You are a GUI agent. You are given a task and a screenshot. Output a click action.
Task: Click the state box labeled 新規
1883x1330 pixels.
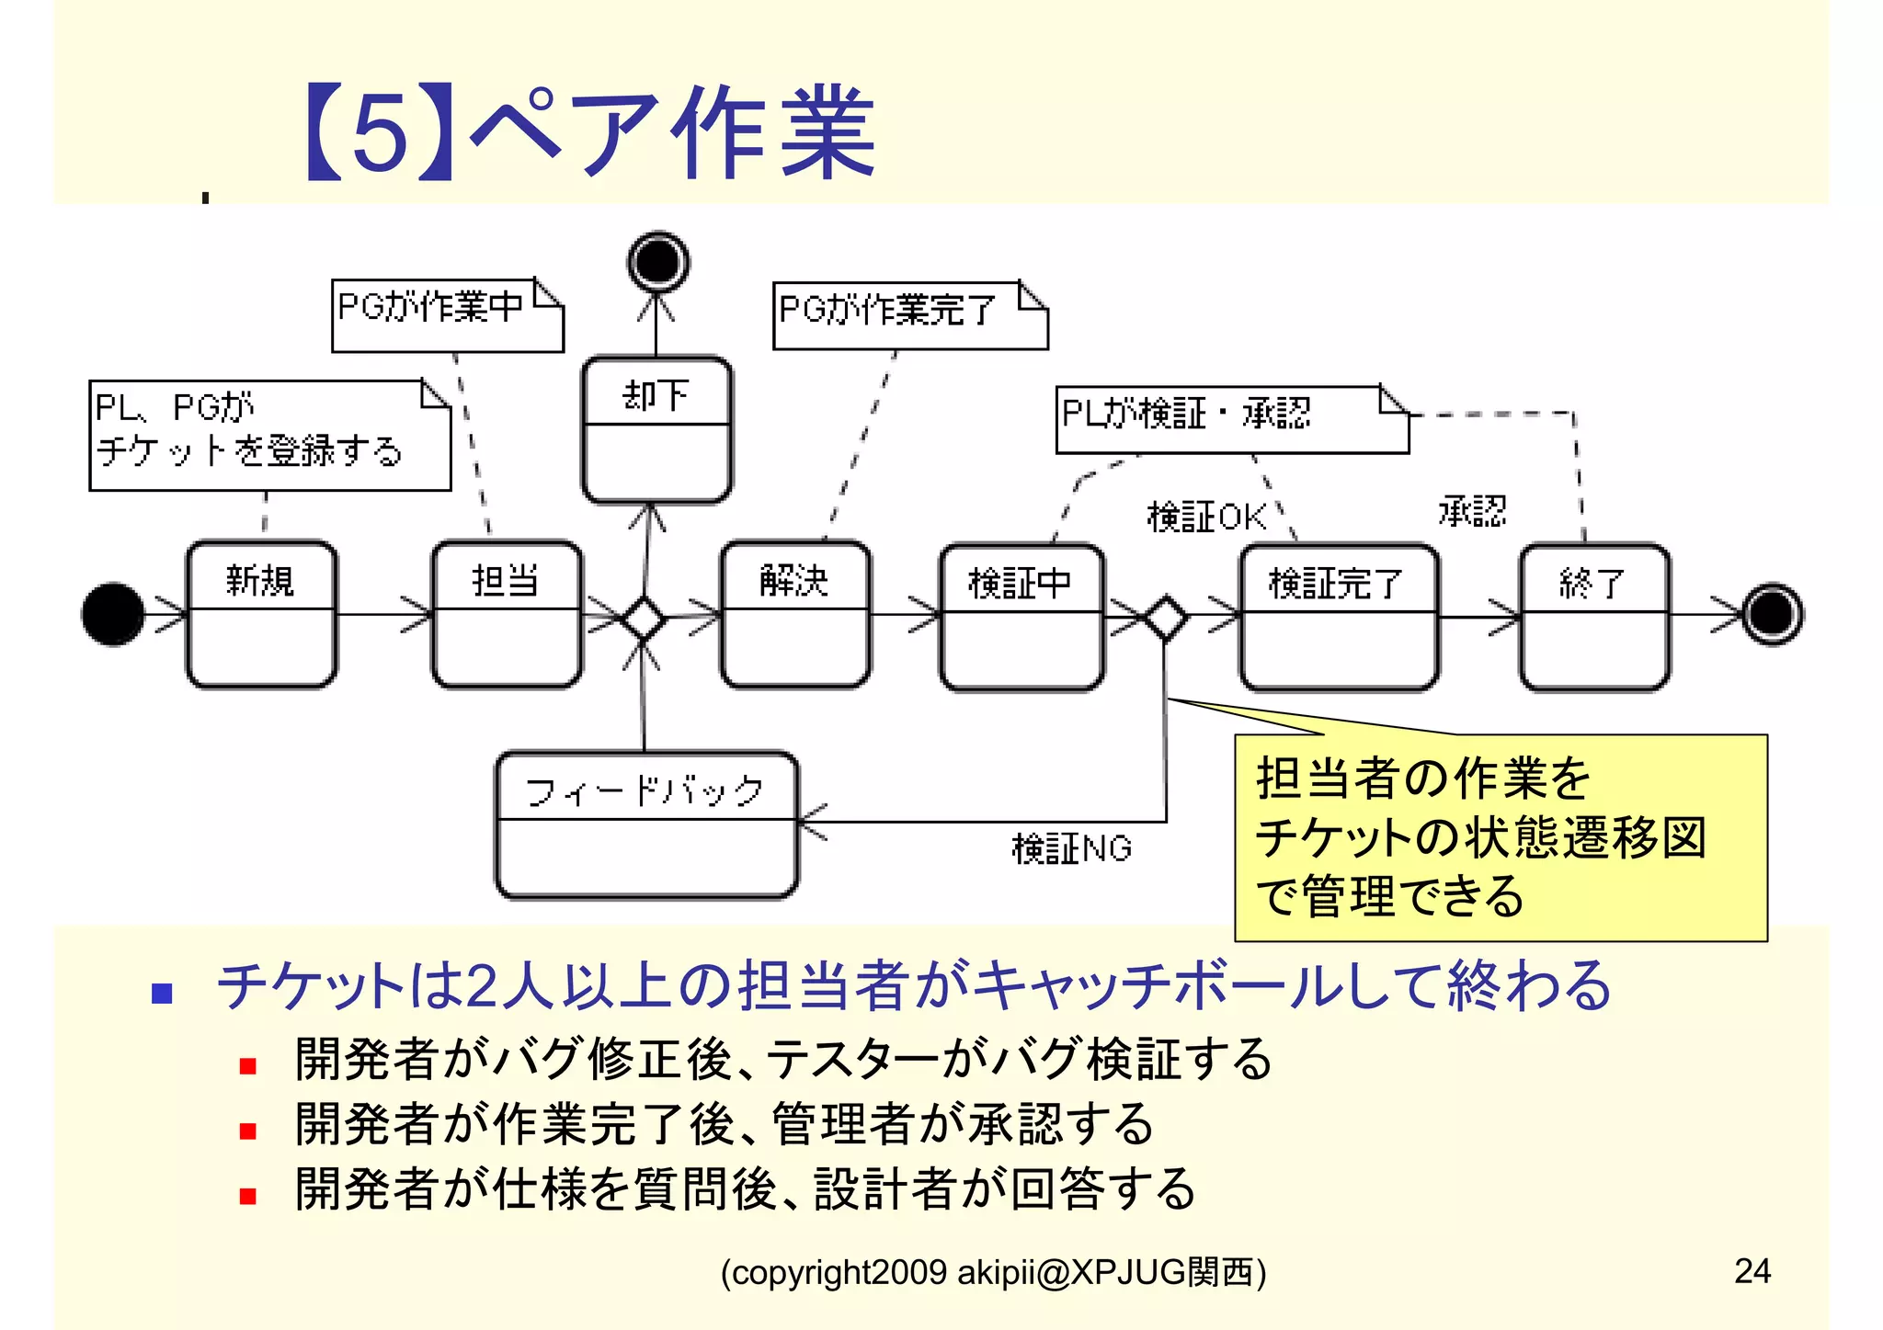(x=262, y=614)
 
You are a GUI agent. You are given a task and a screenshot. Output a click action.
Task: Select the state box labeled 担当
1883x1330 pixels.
(x=507, y=614)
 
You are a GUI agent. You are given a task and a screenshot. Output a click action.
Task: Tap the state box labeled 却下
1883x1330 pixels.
(x=656, y=430)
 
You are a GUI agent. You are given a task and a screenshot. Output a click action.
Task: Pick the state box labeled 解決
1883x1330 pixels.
(x=795, y=614)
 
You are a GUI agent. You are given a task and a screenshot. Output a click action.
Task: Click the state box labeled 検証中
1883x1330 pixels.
(x=1021, y=617)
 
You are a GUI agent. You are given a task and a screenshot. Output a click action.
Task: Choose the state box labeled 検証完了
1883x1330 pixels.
(x=1338, y=617)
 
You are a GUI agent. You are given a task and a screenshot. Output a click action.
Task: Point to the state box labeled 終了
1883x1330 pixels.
(x=1594, y=617)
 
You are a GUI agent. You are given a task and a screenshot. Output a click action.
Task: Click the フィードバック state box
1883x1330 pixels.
(x=646, y=824)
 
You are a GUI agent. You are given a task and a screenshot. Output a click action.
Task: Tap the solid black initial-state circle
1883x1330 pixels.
(x=113, y=614)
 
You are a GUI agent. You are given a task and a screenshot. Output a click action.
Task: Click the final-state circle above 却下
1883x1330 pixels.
(x=658, y=262)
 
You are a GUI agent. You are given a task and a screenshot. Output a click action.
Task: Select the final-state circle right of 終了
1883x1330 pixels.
(x=1773, y=614)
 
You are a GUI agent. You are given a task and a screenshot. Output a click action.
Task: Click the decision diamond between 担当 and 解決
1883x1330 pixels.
(x=643, y=618)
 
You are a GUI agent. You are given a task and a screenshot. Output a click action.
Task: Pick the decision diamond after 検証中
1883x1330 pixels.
(x=1165, y=618)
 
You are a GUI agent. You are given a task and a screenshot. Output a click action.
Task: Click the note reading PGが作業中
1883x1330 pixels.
(x=447, y=315)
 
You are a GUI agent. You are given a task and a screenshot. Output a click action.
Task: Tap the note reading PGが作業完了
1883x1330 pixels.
(x=909, y=315)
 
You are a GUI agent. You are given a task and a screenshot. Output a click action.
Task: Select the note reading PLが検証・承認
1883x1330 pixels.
(x=1231, y=419)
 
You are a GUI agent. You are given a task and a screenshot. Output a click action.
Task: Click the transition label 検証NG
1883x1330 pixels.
(x=1071, y=848)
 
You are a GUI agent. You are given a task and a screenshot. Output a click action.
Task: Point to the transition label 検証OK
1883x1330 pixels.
(x=1206, y=517)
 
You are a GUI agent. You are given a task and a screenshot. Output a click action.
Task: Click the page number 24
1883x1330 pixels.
(x=1752, y=1270)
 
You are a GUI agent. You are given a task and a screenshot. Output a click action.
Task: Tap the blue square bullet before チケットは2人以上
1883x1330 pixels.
(x=163, y=993)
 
